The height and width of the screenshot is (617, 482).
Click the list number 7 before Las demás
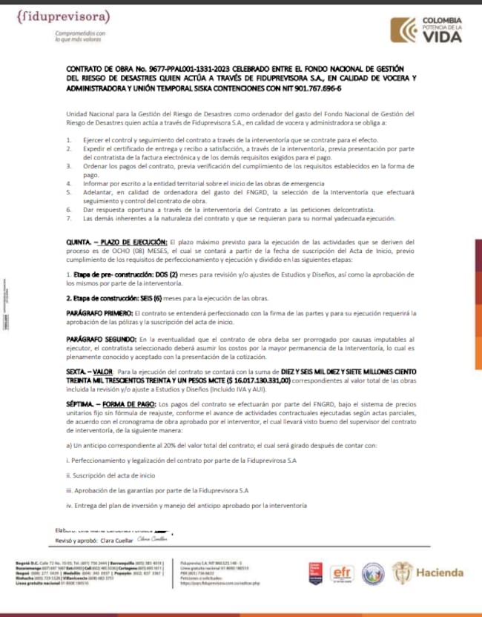click(69, 219)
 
